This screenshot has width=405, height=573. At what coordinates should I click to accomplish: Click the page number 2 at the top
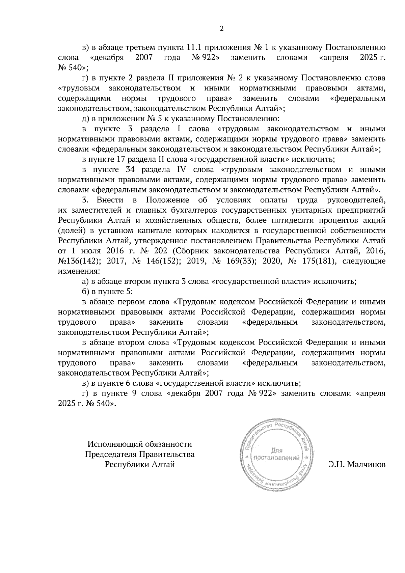221,29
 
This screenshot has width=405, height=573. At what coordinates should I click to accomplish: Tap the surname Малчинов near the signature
357,464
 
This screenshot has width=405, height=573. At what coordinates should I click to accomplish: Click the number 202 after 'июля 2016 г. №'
160,251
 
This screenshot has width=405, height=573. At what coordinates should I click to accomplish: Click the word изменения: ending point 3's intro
79,271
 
